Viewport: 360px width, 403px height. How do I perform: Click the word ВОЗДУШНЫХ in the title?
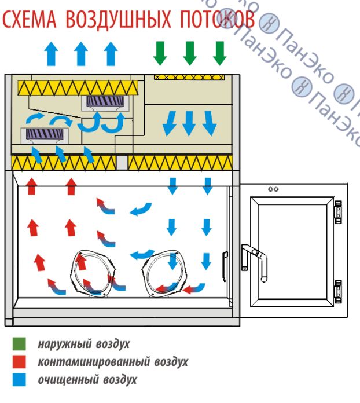pyautogui.click(x=108, y=22)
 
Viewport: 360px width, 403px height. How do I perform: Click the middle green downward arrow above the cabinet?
pyautogui.click(x=189, y=53)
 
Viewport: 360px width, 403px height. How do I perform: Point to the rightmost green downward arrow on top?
pyautogui.click(x=219, y=53)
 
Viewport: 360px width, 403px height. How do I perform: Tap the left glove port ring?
pyautogui.click(x=93, y=274)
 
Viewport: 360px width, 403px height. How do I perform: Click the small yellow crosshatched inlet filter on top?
pyautogui.click(x=189, y=76)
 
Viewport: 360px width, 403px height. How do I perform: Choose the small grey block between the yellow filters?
pyautogui.click(x=122, y=163)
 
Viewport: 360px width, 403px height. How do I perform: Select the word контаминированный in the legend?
pyautogui.click(x=87, y=362)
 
